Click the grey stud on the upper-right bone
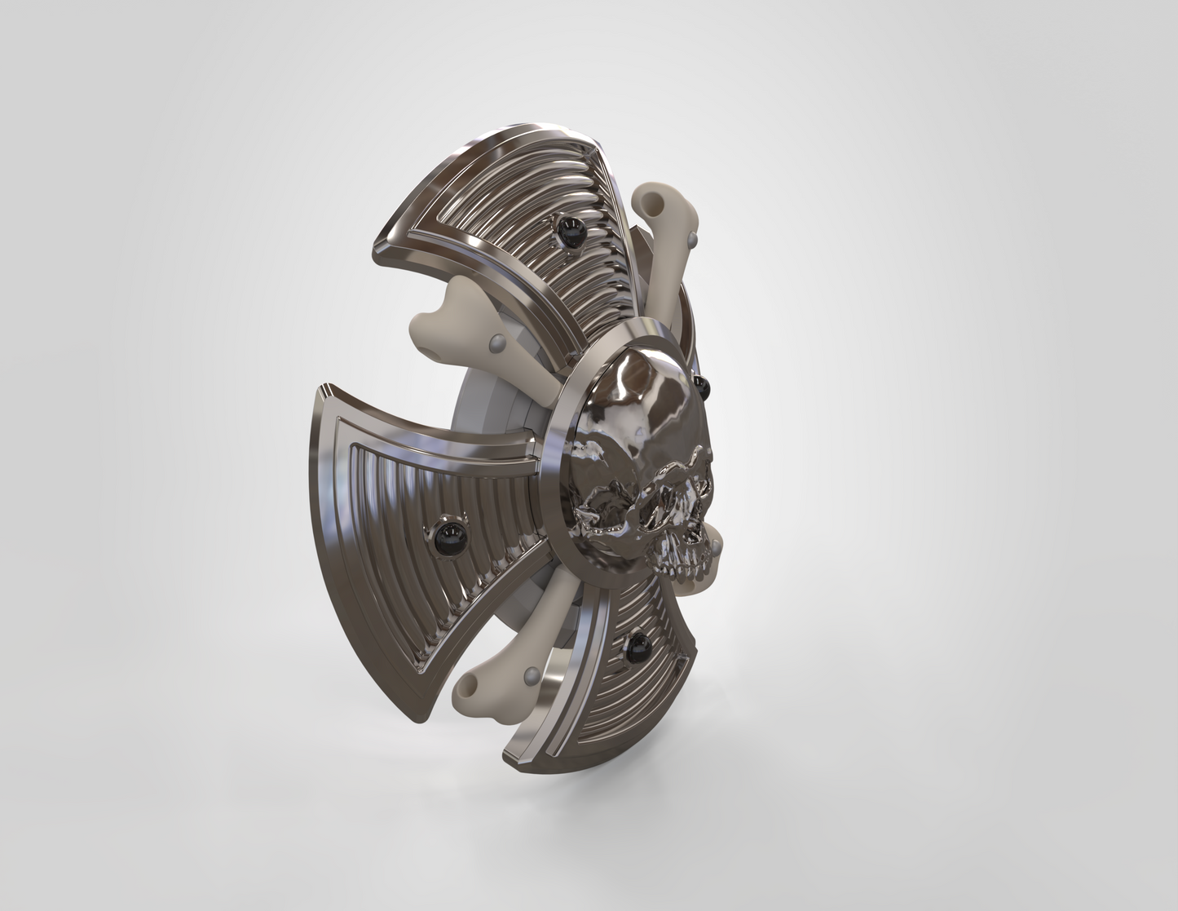coord(692,239)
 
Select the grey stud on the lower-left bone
coord(531,675)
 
